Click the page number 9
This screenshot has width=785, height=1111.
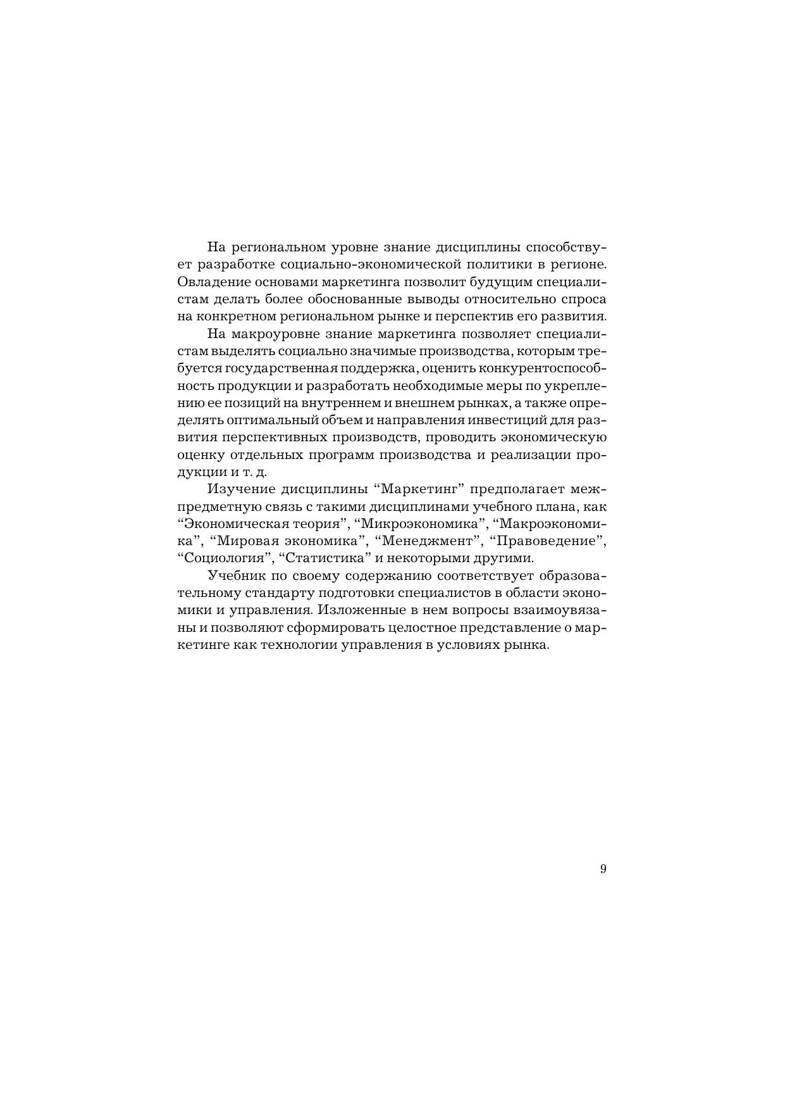click(x=603, y=869)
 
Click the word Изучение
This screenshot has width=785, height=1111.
click(x=239, y=489)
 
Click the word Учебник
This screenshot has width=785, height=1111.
click(x=237, y=576)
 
